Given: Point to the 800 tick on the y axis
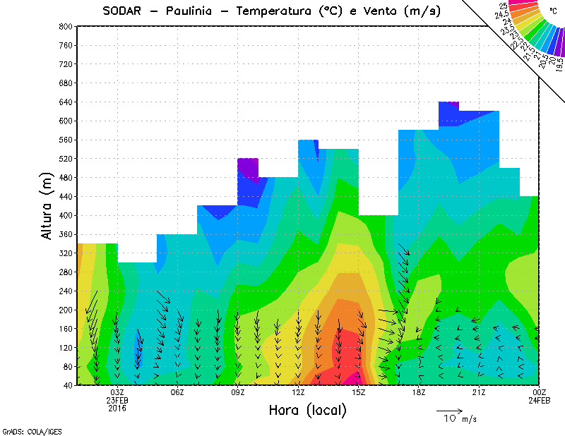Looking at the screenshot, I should point(64,26).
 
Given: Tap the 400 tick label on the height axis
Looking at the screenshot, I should point(64,215).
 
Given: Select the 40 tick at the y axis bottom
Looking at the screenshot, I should point(66,385).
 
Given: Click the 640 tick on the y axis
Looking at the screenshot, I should point(64,102).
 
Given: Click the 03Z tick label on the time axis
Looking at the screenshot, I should point(117,392).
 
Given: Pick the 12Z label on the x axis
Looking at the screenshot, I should point(298,392).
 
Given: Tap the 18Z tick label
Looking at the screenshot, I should point(419,392).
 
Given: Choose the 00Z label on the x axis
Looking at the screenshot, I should point(539,392).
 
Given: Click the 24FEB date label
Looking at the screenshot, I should point(539,400).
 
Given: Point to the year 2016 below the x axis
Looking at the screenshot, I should point(117,408).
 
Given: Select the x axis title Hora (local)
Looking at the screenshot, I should point(307,411).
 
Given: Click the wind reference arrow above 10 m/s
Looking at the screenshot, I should point(449,409).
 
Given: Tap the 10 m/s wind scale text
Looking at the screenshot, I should point(460,419).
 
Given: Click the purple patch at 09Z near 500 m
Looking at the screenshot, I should point(248,166).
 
